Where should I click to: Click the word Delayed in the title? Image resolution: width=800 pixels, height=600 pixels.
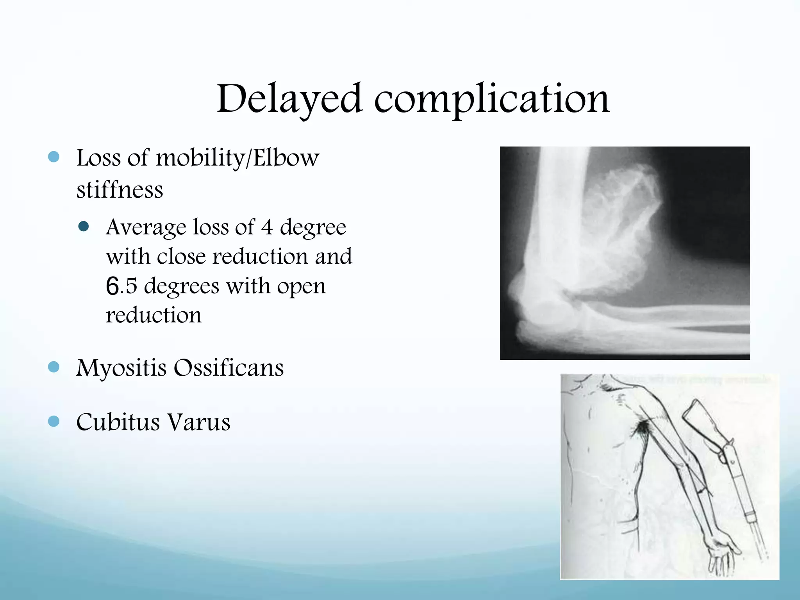[289, 100]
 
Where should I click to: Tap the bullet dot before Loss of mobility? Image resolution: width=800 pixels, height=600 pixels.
[54, 157]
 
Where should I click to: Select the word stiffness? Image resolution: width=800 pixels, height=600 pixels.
[120, 190]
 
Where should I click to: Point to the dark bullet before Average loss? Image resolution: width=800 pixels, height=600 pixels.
[84, 227]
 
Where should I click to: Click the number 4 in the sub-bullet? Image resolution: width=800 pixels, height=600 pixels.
[267, 227]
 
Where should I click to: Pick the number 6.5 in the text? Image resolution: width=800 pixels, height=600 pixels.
[121, 286]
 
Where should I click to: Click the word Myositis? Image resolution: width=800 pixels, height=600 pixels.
[121, 368]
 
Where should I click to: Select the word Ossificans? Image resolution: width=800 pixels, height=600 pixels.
[229, 368]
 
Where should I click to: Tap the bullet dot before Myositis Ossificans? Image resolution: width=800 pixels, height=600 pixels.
[54, 367]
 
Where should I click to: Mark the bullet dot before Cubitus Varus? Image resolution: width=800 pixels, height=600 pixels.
[54, 421]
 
